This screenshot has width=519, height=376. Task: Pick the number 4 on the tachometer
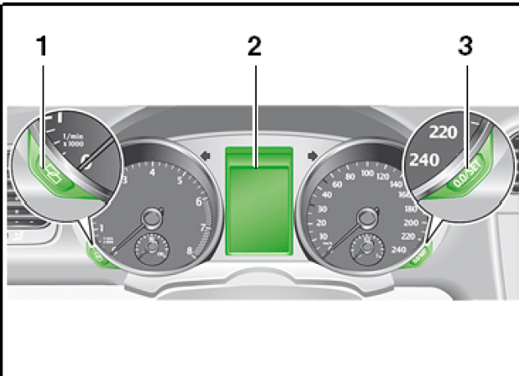[153, 172]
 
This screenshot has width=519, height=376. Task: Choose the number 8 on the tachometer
[190, 251]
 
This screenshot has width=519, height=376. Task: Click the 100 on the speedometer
[367, 173]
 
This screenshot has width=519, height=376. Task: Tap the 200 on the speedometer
[400, 222]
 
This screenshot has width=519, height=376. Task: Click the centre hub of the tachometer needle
[153, 218]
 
